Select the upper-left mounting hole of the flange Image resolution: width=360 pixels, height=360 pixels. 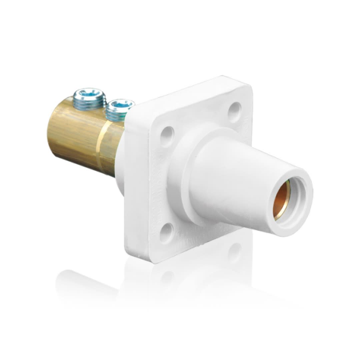pos(167,136)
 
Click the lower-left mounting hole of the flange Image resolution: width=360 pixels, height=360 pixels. pos(166,233)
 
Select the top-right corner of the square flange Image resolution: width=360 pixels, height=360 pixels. pos(247,82)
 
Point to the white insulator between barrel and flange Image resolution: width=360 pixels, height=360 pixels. pos(120,167)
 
